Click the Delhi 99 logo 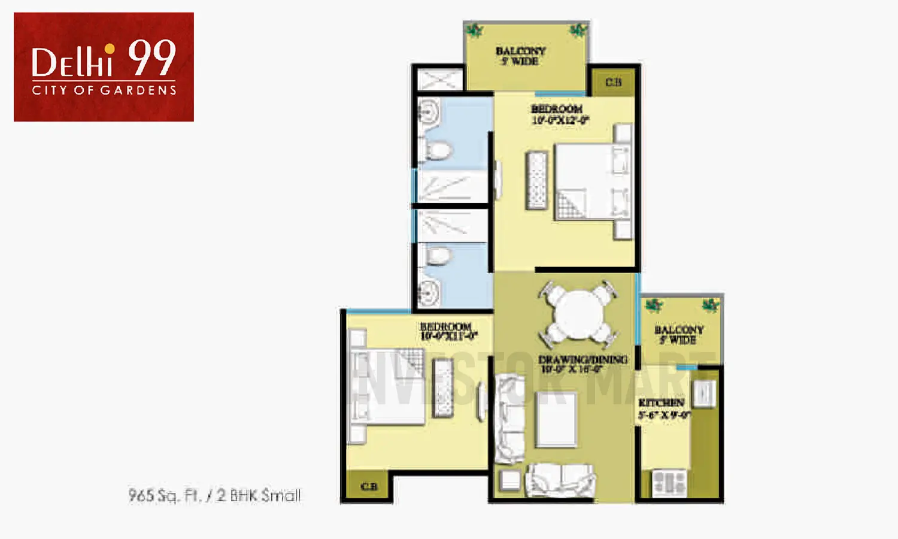click(104, 66)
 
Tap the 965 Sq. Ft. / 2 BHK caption click(214, 495)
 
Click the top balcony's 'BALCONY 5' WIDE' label click(520, 56)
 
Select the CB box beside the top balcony click(613, 82)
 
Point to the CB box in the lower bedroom click(369, 486)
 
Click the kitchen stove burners click(669, 483)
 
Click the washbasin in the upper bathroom click(429, 111)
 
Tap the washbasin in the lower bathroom click(429, 292)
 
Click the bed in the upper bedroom click(590, 182)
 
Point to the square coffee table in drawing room click(556, 419)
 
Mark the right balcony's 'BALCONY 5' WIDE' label click(678, 334)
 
